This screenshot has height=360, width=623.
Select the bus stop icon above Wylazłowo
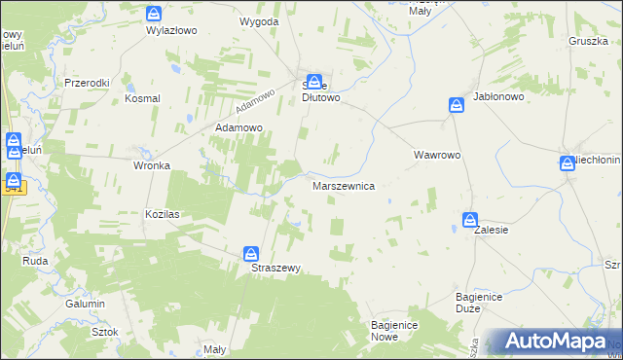click(x=154, y=14)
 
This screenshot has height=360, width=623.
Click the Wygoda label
click(x=259, y=20)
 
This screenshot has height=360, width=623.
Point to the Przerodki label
click(x=87, y=83)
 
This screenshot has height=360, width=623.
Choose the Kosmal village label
click(x=141, y=98)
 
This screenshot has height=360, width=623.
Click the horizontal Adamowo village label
click(x=239, y=127)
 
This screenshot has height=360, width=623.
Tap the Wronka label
click(x=152, y=165)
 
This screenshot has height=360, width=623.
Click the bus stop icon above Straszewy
click(x=251, y=253)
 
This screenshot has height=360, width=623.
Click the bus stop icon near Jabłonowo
click(x=456, y=104)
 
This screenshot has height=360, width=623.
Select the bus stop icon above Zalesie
click(x=470, y=220)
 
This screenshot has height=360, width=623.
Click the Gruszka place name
click(x=588, y=41)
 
